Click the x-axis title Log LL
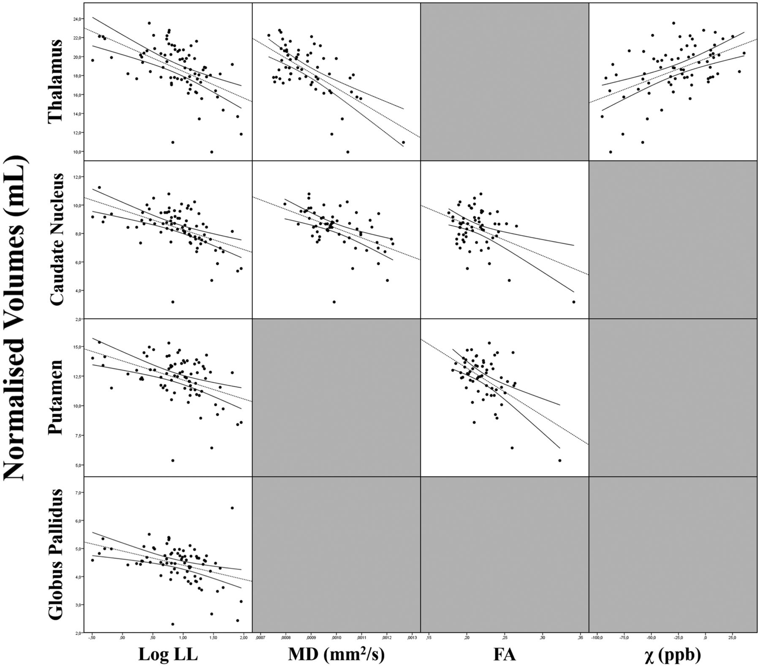pyautogui.click(x=168, y=655)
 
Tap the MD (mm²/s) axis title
pyautogui.click(x=337, y=654)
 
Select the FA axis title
pyautogui.click(x=505, y=655)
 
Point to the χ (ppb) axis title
pyautogui.click(x=673, y=655)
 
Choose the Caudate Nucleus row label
pyautogui.click(x=56, y=239)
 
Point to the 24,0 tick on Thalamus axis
pyautogui.click(x=78, y=19)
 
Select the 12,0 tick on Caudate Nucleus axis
pyautogui.click(x=78, y=177)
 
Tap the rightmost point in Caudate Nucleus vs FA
pyautogui.click(x=573, y=302)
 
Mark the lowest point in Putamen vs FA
pyautogui.click(x=560, y=460)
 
